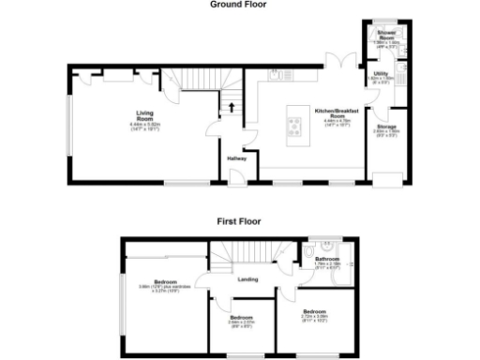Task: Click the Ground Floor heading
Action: click(238, 5)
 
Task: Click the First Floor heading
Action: click(238, 221)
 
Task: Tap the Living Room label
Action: click(145, 116)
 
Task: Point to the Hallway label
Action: click(236, 157)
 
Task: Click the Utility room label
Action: click(381, 73)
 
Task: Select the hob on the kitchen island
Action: click(292, 128)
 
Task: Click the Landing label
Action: click(248, 277)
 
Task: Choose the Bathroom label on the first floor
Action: click(327, 258)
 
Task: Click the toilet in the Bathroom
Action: click(308, 253)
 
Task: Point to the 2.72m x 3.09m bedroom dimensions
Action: click(314, 315)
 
